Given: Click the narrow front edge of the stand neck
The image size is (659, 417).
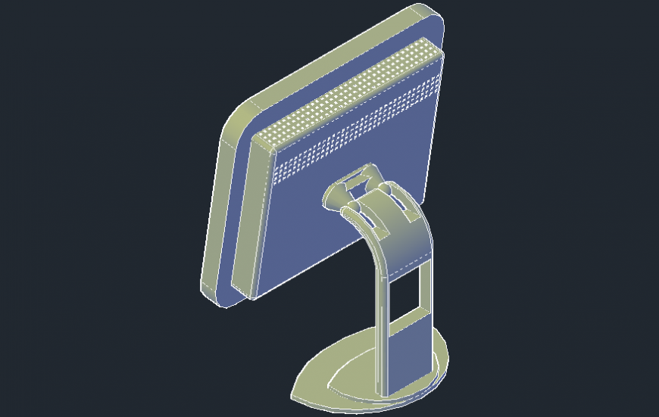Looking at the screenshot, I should [x=383, y=333].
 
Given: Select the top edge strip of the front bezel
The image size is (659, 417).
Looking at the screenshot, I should [x=333, y=61].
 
